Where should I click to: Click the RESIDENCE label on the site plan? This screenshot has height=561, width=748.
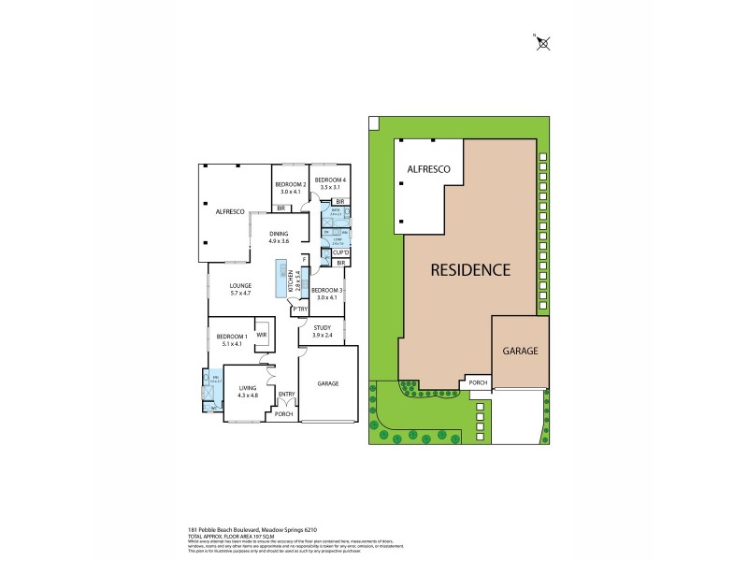(469, 270)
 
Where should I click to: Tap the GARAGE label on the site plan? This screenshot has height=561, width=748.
(521, 351)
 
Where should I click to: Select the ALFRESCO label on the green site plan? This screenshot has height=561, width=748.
(429, 169)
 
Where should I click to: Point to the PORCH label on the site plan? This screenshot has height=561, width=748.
(478, 381)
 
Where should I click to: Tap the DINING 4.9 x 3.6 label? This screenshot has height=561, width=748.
(280, 237)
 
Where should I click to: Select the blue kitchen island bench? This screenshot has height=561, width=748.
(281, 279)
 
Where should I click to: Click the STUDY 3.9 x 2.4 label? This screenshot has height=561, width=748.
(323, 331)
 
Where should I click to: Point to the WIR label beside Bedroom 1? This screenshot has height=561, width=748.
(263, 334)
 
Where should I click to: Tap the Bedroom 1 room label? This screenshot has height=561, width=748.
(232, 339)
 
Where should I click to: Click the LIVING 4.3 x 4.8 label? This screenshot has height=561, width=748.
(247, 392)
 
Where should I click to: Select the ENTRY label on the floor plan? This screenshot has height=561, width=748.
(286, 395)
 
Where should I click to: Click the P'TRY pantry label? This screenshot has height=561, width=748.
(300, 309)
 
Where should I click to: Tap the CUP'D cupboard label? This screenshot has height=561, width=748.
(340, 252)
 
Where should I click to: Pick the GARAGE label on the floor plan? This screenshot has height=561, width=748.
(327, 383)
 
